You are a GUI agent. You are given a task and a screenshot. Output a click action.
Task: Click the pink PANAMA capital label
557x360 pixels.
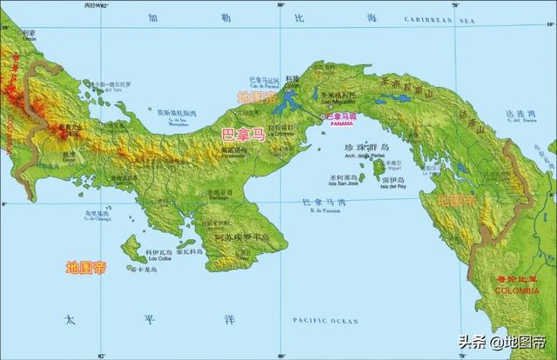(x=337, y=123)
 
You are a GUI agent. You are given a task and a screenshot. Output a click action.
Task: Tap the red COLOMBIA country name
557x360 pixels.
(x=515, y=290)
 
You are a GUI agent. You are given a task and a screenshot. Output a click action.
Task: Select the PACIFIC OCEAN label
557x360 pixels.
(x=325, y=321)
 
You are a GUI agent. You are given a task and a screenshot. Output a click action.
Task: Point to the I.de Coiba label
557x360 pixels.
(x=159, y=258)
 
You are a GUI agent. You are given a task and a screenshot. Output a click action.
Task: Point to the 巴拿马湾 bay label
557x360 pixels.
(x=322, y=202)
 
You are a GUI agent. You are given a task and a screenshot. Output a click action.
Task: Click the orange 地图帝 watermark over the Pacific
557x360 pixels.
(x=86, y=267)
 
